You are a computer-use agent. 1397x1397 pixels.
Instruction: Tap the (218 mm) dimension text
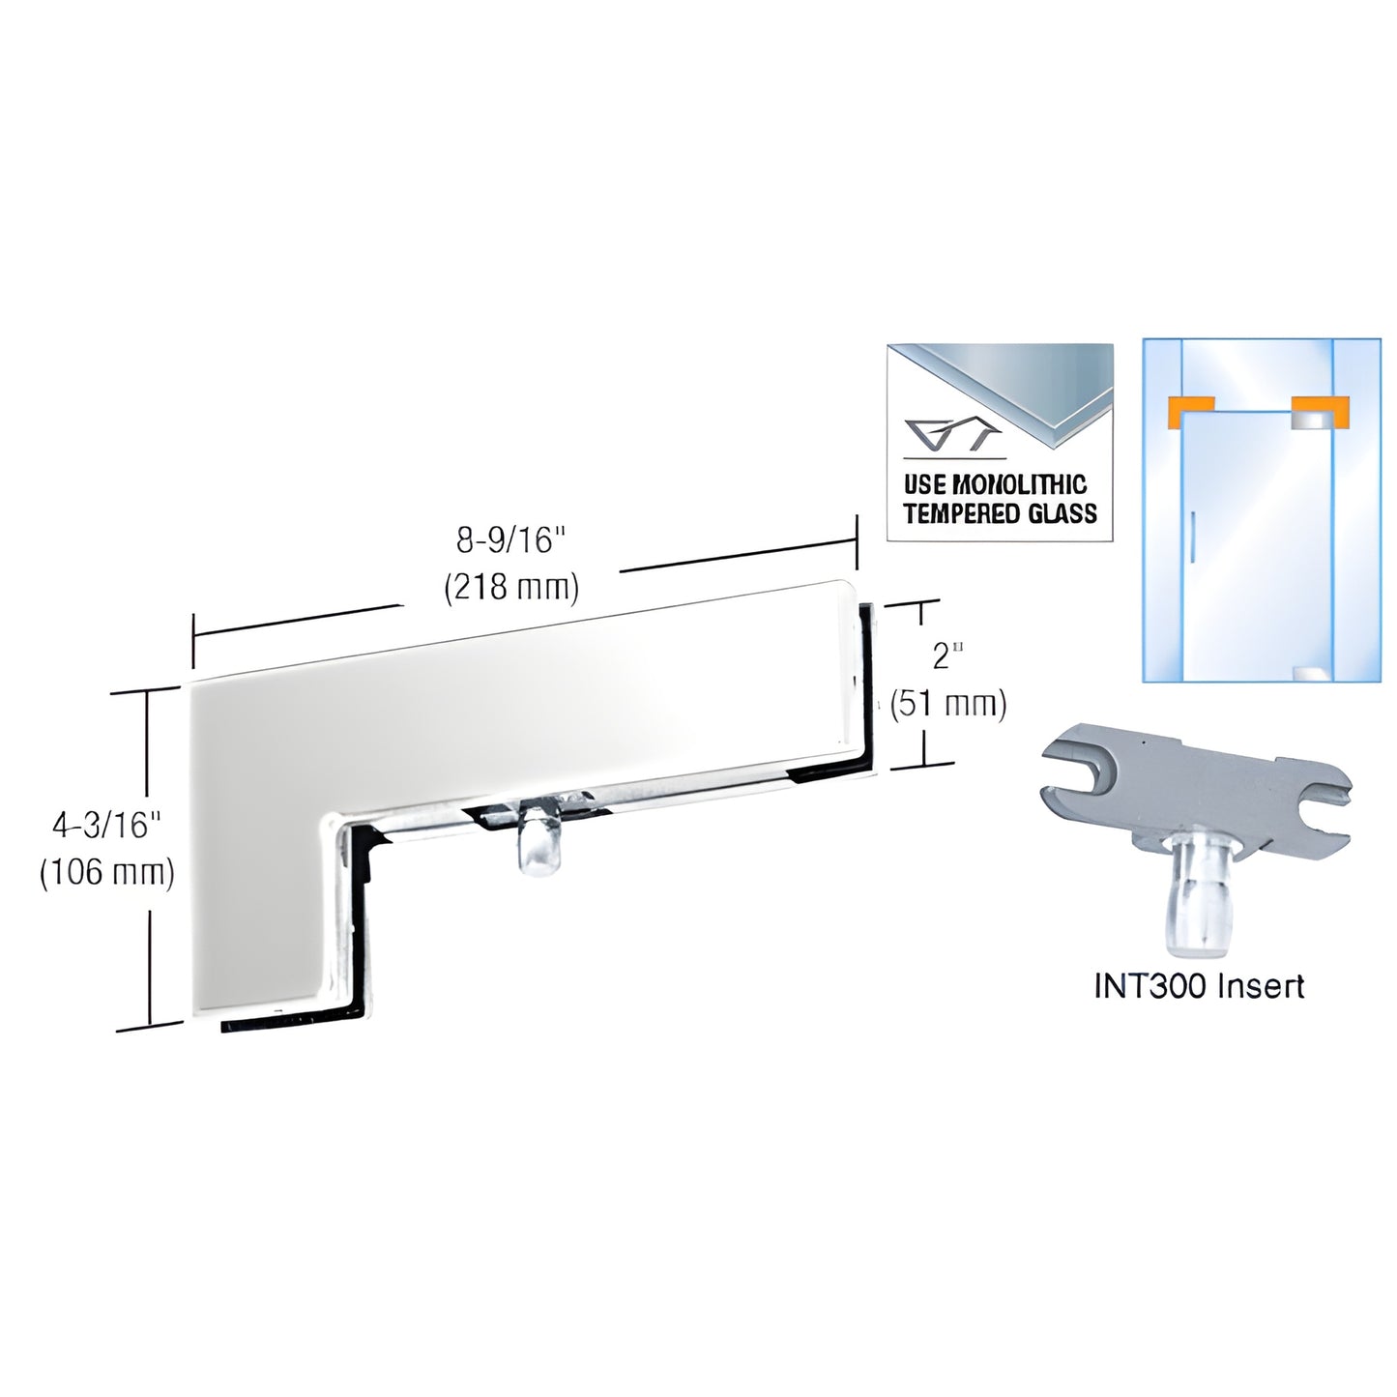(510, 587)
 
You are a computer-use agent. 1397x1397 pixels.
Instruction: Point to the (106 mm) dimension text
(106, 872)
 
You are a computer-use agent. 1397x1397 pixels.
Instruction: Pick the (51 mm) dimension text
(947, 704)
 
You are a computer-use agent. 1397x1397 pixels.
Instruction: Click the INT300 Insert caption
(1199, 986)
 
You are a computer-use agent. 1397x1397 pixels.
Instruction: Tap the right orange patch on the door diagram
(1318, 411)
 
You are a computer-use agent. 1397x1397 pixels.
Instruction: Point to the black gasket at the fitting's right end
(867, 686)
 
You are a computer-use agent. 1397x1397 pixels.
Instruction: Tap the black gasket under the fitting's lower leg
(290, 1023)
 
